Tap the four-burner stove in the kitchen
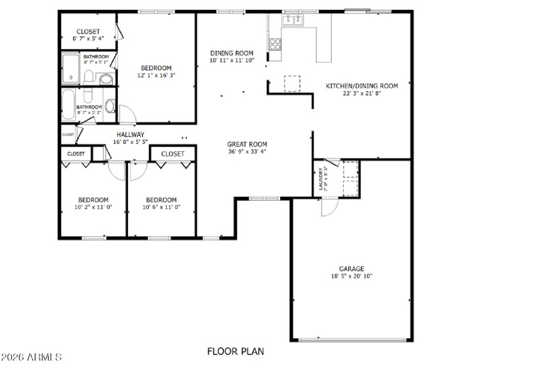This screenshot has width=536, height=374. click(275, 44)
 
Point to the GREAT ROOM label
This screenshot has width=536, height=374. click(247, 144)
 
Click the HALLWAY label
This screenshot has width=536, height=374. click(130, 134)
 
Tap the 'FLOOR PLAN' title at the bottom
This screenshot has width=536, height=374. click(235, 351)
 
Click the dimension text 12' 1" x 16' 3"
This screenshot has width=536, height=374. click(156, 76)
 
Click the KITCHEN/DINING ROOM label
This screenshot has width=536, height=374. click(362, 86)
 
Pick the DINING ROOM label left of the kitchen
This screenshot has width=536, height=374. click(232, 53)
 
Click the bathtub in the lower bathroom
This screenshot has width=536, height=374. click(68, 106)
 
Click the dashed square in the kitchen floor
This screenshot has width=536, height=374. click(293, 83)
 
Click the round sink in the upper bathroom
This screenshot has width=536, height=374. click(105, 80)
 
